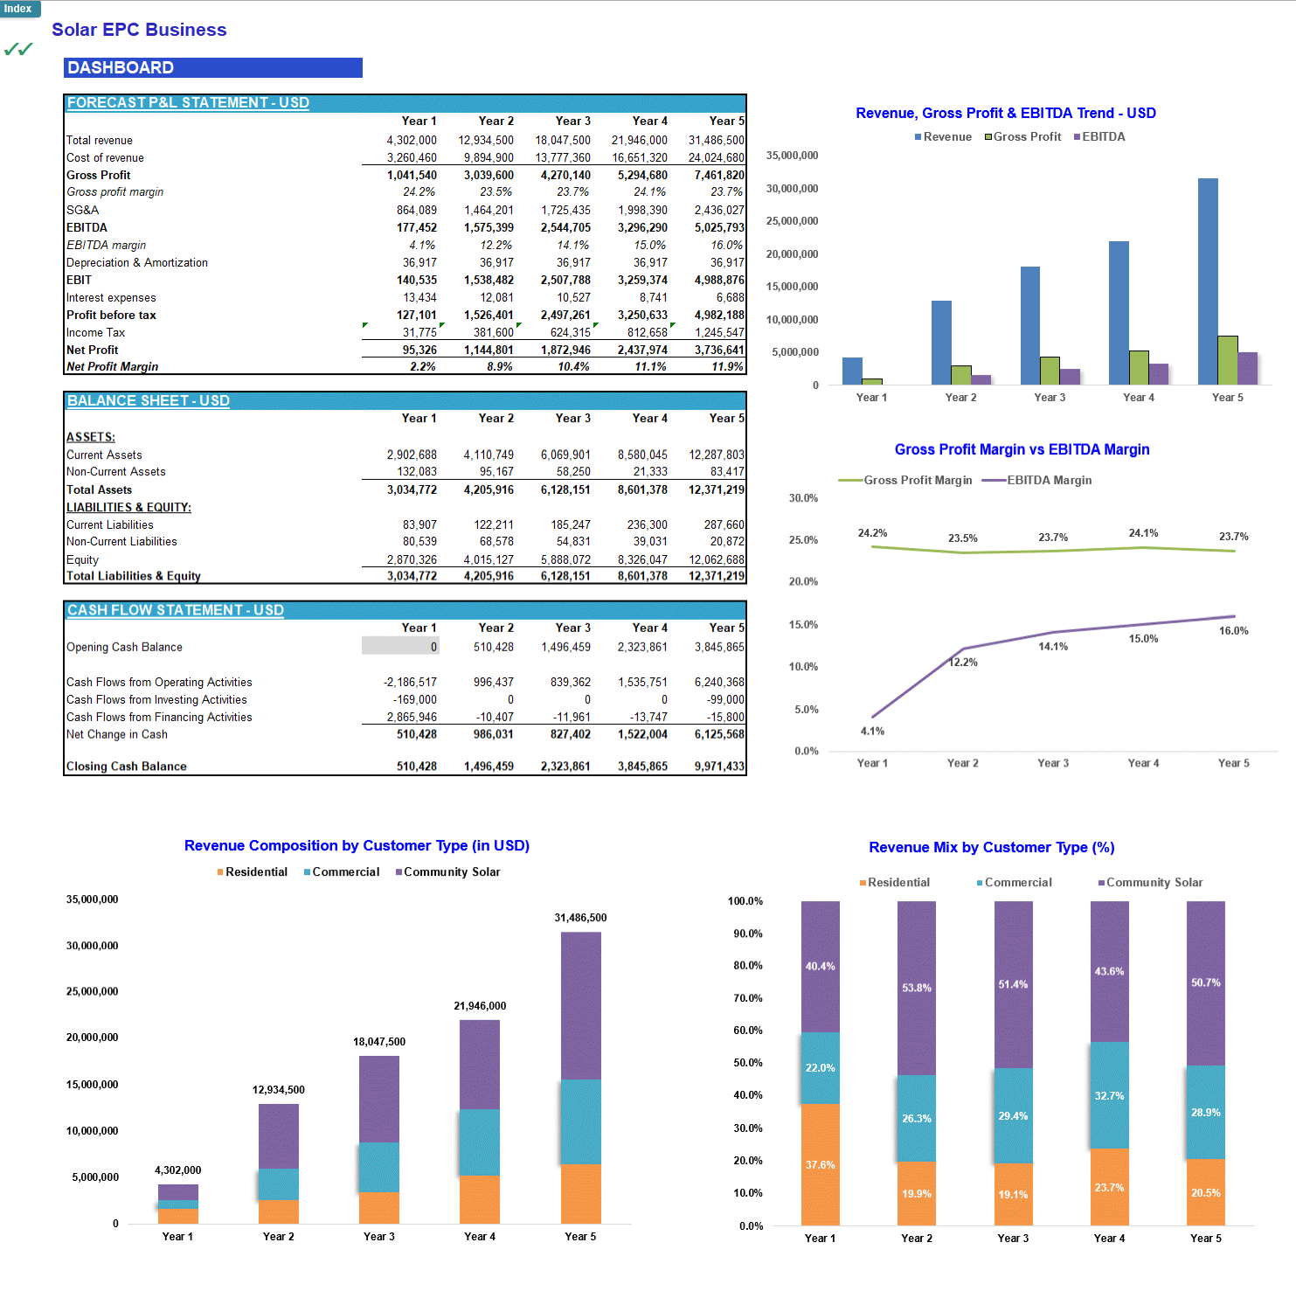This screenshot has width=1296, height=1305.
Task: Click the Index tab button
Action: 18,9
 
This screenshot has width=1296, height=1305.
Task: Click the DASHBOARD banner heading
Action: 121,68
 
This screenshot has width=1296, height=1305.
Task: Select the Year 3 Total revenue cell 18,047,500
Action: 563,140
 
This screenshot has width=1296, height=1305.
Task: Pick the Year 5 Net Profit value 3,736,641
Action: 718,350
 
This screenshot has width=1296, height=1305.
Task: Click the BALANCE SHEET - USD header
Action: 149,400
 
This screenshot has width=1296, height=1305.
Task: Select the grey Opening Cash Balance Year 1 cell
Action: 400,646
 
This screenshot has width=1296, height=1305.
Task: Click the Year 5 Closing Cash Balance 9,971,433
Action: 718,767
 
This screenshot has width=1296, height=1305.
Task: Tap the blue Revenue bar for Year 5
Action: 1208,280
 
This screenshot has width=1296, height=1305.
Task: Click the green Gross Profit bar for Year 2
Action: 960,375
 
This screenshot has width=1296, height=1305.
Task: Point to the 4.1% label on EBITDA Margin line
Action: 872,731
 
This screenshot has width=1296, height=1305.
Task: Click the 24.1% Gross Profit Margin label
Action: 1143,532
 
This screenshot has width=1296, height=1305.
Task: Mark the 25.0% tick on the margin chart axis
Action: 803,539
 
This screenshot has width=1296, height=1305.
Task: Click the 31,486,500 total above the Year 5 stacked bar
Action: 580,918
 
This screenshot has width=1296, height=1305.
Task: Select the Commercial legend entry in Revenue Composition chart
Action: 342,872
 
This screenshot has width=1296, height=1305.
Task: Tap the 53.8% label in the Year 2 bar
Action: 917,988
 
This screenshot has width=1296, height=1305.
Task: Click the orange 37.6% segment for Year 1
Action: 820,1164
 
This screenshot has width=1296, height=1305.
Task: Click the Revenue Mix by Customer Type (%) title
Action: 991,847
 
